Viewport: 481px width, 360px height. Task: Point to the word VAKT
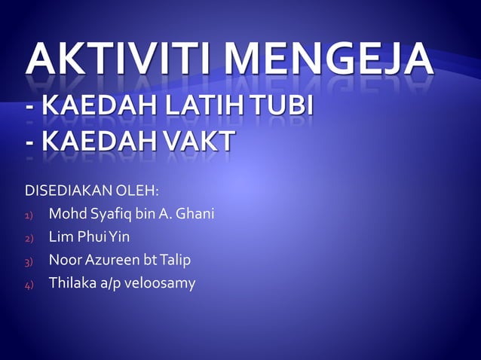pyautogui.click(x=195, y=141)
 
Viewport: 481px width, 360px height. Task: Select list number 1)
pyautogui.click(x=29, y=216)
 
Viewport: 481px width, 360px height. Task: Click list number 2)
pyautogui.click(x=29, y=239)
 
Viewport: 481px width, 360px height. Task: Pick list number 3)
pyautogui.click(x=29, y=262)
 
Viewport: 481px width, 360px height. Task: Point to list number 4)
pyautogui.click(x=29, y=285)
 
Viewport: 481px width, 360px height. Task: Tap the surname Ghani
pyautogui.click(x=195, y=215)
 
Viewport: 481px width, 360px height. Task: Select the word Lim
pyautogui.click(x=60, y=237)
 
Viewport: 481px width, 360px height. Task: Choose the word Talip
pyautogui.click(x=175, y=261)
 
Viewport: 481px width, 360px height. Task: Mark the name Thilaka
pyautogui.click(x=70, y=283)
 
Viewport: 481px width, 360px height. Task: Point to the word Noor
pyautogui.click(x=63, y=261)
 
